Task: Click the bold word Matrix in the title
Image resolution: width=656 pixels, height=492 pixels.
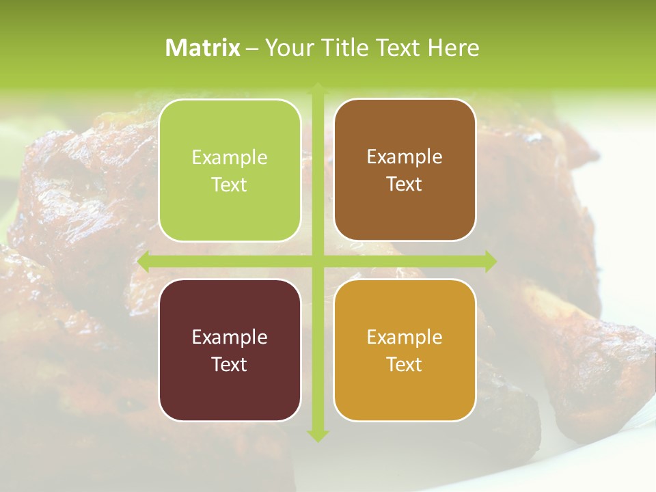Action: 203,48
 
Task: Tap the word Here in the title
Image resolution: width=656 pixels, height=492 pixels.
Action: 453,48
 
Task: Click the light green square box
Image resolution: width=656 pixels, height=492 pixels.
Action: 230,170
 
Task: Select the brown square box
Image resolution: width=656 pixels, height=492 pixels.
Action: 405,170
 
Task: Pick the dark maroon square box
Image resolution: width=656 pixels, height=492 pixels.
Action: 230,350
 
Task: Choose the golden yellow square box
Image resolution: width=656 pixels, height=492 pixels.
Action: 405,350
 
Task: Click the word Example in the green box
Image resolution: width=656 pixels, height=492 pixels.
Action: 230,158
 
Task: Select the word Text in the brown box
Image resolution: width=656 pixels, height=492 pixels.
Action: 405,184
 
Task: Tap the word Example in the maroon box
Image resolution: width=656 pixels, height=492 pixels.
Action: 230,337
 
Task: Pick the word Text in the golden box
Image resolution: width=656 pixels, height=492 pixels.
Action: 405,364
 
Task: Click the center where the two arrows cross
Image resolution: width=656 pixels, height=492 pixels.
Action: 317,261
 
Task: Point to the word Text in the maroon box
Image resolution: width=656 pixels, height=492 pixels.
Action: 230,364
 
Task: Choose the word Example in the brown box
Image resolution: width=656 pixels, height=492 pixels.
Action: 405,157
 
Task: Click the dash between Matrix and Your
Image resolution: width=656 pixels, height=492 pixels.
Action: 252,49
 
